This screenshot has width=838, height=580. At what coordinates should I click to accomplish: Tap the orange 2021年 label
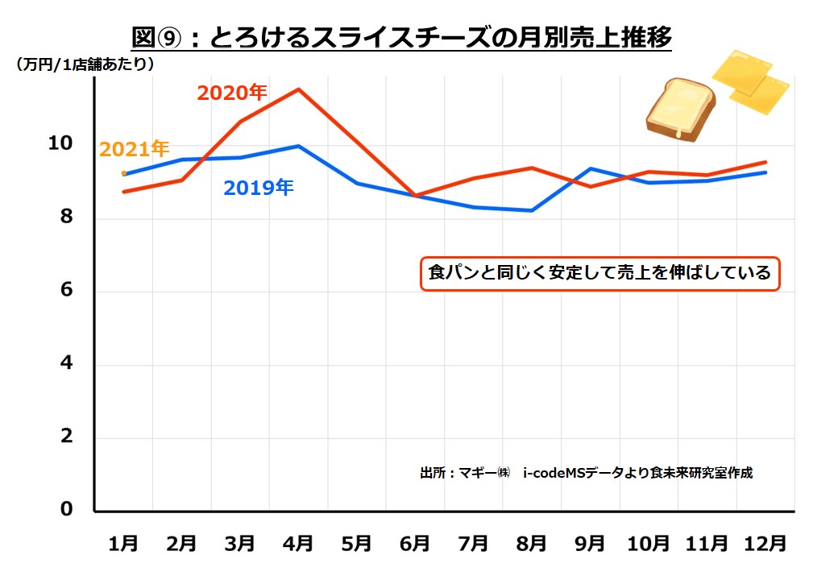[134, 149]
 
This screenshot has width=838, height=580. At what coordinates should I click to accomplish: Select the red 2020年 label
[231, 93]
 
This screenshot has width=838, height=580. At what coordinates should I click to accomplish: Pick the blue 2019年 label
[258, 188]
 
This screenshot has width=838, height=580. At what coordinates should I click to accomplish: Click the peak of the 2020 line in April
[299, 89]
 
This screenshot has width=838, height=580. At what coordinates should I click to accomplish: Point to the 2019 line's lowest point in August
[532, 210]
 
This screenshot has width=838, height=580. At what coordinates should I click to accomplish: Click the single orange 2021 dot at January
[124, 173]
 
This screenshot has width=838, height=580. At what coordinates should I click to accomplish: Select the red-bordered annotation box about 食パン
[599, 273]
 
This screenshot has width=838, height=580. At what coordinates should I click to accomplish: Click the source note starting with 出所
[586, 473]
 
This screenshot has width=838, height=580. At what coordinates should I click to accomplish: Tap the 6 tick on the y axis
[67, 291]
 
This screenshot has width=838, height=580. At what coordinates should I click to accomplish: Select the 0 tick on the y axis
[67, 510]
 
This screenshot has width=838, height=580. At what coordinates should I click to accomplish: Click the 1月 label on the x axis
[123, 544]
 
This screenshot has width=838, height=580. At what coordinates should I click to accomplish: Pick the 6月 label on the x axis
[415, 544]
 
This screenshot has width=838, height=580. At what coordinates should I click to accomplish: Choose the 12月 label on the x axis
[765, 544]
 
